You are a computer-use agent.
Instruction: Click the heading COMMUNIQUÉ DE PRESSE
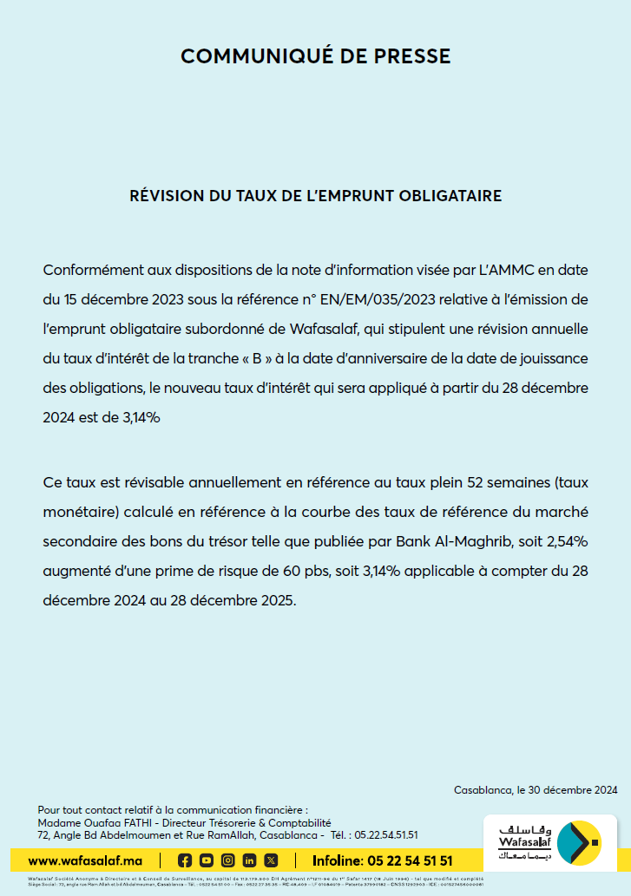(x=315, y=56)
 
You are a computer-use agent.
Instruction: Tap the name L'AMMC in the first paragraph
(x=509, y=270)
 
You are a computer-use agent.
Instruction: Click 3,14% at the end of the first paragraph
(x=138, y=417)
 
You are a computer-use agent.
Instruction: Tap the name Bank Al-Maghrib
(x=453, y=541)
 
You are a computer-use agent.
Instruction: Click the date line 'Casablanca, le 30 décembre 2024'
(x=536, y=789)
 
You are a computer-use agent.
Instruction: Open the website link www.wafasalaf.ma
(x=85, y=860)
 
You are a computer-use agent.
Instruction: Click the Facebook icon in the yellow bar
(x=184, y=860)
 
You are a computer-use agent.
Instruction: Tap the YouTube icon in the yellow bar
(x=206, y=860)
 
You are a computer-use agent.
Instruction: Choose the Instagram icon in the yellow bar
(x=227, y=860)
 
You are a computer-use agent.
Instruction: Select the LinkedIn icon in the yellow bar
(x=249, y=860)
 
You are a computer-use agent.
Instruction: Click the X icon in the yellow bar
(x=271, y=860)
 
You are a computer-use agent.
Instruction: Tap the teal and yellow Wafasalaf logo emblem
(x=577, y=842)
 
